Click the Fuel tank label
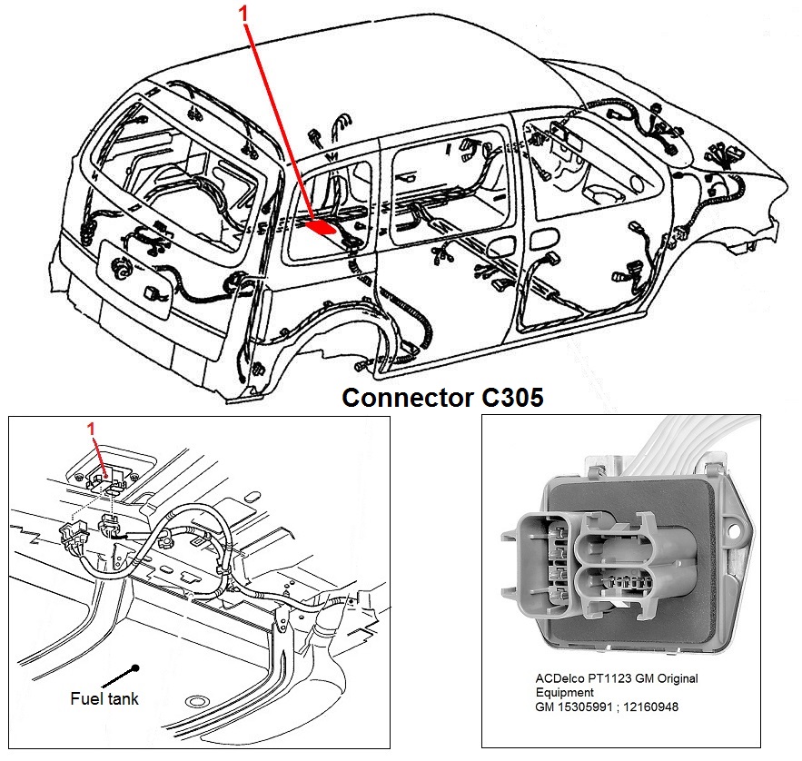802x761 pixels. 104,698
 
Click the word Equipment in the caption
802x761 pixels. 564,692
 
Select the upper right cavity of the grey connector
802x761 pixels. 618,546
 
